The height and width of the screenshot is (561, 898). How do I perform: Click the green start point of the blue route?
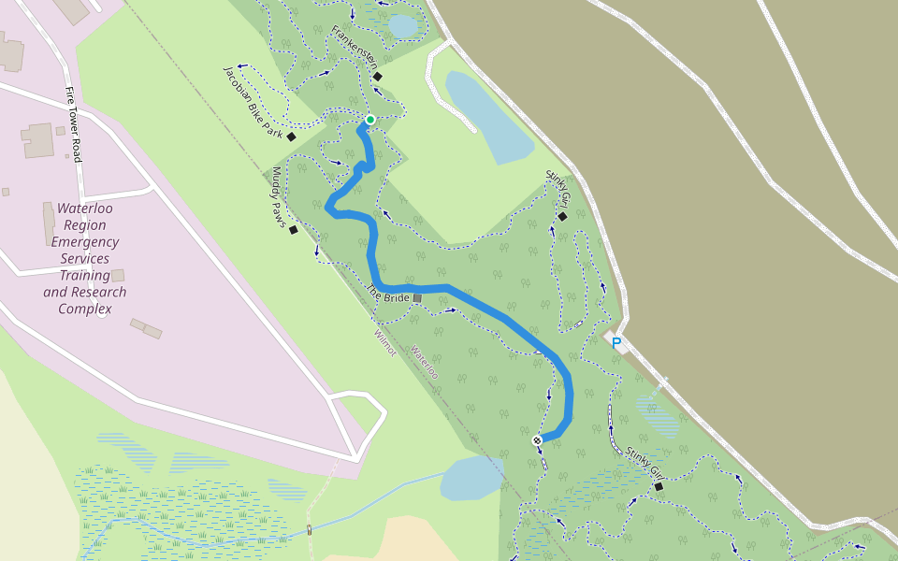(370, 120)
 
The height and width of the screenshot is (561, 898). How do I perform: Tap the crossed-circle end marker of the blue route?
(537, 440)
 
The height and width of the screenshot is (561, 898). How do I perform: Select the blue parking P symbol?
(616, 343)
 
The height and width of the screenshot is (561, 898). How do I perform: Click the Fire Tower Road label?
(72, 124)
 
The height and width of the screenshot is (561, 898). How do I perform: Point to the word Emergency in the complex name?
(84, 242)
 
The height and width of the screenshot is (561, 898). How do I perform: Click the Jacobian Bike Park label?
(252, 102)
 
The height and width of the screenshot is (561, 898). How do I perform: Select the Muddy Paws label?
(279, 195)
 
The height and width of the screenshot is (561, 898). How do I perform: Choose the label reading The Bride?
(389, 294)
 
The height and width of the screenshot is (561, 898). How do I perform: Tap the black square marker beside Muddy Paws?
(294, 230)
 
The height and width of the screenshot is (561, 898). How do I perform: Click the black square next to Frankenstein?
(378, 77)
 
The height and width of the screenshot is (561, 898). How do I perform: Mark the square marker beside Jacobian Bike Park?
(291, 137)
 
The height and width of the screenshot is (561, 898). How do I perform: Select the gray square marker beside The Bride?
(417, 298)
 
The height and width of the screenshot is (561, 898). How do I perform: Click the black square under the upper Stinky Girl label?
(562, 217)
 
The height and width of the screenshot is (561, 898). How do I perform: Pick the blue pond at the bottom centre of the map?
(471, 479)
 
